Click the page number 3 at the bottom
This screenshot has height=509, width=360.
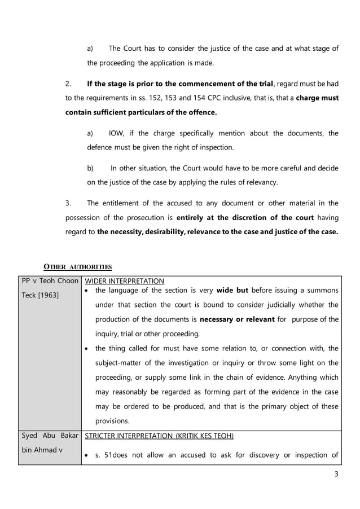[x=336, y=474]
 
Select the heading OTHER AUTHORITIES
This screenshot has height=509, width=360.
[x=78, y=266]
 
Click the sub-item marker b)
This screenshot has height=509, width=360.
[x=90, y=168]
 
